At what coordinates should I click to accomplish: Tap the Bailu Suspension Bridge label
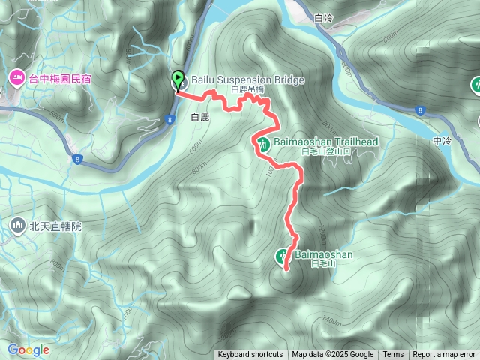click(237, 79)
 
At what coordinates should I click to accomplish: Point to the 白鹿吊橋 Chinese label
click(247, 89)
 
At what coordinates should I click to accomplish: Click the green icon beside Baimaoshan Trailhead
click(263, 142)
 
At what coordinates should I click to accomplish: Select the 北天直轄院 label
click(55, 225)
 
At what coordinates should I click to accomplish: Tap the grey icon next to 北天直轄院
click(17, 224)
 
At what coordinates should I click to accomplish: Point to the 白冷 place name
click(324, 16)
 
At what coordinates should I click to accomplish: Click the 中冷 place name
click(442, 140)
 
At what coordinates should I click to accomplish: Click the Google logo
click(28, 349)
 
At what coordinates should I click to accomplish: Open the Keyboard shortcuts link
click(250, 355)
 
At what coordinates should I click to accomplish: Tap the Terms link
click(393, 355)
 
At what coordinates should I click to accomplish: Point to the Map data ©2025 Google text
click(333, 355)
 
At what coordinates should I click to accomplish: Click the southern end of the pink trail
click(286, 268)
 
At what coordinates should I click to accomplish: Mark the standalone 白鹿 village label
click(200, 118)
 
